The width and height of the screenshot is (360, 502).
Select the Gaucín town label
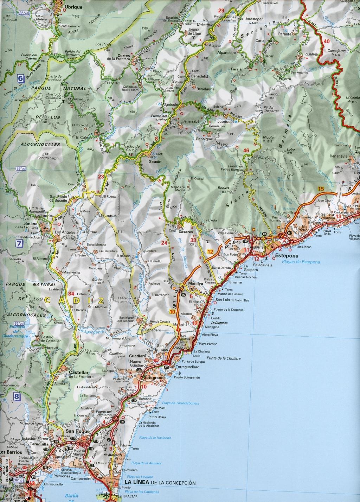pyautogui.click(x=155, y=161)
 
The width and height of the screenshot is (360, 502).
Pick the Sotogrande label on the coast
pyautogui.click(x=153, y=378)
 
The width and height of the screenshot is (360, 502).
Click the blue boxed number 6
pyautogui.click(x=21, y=78)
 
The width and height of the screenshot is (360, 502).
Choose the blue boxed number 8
pyautogui.click(x=17, y=397)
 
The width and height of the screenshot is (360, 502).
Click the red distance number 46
pyautogui.click(x=246, y=151)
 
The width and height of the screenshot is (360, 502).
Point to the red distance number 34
pyautogui.click(x=71, y=294)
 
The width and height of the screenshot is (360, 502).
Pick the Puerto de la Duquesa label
pyautogui.click(x=231, y=310)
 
